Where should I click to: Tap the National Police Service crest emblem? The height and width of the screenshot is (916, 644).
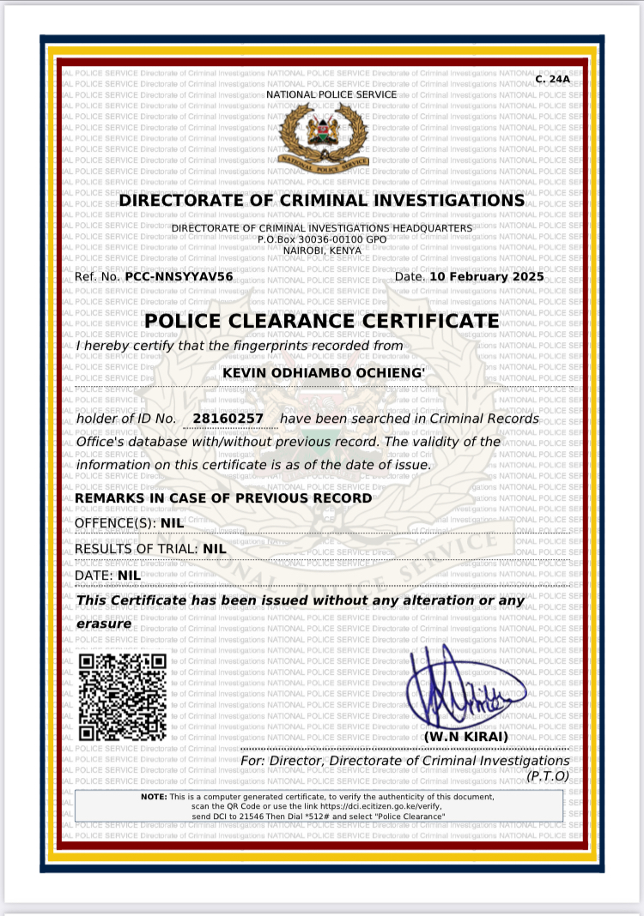(326, 136)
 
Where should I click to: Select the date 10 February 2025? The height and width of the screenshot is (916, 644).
(486, 277)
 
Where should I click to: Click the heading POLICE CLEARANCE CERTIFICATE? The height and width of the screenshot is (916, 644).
(322, 322)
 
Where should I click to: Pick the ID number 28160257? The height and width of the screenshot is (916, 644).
(228, 419)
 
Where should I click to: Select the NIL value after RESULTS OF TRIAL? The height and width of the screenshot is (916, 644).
(214, 548)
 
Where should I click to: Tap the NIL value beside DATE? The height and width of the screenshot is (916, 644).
(129, 575)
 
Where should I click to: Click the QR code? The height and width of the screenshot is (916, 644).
(122, 696)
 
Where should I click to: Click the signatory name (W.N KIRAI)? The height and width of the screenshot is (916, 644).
(466, 738)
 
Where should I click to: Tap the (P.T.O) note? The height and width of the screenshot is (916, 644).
(547, 775)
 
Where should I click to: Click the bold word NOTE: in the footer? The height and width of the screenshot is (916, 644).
(154, 797)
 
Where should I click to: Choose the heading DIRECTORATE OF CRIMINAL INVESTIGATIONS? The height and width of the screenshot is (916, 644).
(321, 201)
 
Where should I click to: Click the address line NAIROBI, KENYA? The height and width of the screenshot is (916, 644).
(322, 250)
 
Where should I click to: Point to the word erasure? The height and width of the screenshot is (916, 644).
(104, 624)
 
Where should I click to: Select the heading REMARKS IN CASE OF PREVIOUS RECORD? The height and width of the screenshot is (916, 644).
(224, 498)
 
